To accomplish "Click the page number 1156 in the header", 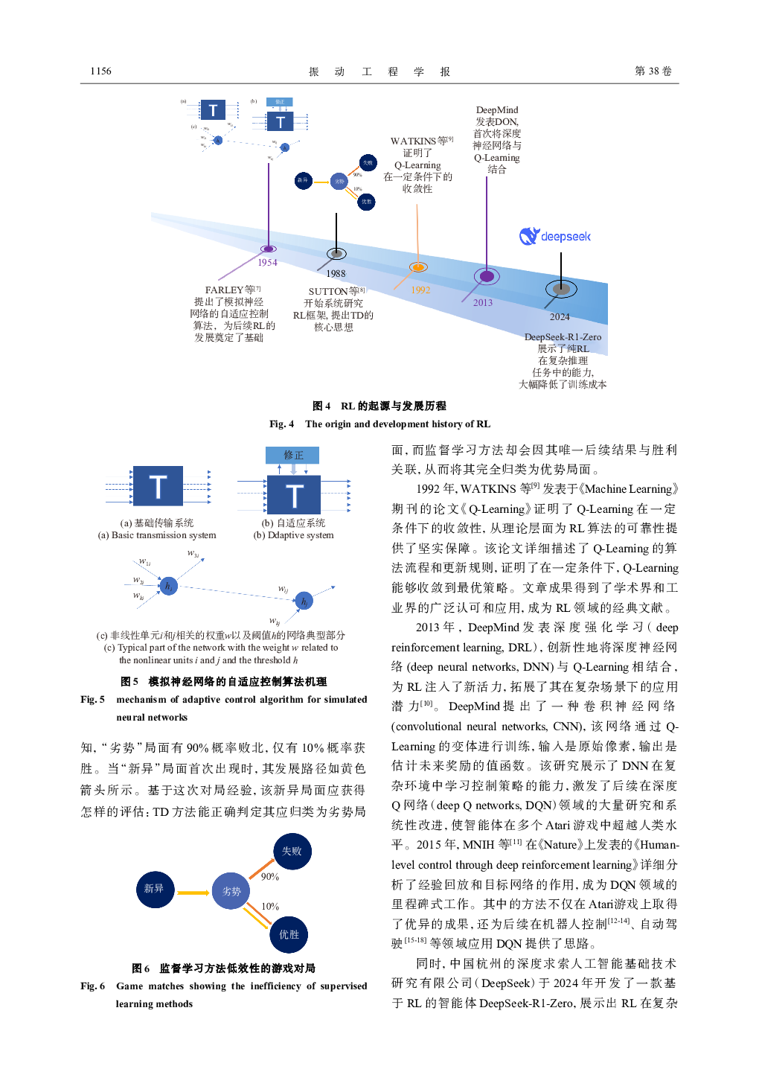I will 100,71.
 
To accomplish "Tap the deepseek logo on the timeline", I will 555,237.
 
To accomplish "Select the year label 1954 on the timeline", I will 267,263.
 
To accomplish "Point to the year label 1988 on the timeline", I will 336,274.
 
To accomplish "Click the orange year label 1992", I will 420,290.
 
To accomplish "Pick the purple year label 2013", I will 483,303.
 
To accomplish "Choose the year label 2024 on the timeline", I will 560,317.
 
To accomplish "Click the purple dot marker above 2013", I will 487,277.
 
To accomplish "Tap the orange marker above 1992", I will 418,267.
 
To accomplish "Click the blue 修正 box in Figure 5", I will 292,455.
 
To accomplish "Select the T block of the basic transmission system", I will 158,487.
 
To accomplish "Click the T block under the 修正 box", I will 294,495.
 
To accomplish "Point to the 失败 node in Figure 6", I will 292,851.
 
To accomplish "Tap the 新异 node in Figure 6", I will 154,888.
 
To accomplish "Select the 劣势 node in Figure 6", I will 231,891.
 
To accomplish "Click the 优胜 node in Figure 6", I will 289,934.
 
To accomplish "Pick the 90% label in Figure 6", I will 269,877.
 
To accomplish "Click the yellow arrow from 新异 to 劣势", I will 193,893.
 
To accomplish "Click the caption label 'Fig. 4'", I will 281,424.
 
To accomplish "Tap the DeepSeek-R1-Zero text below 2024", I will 563,337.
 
